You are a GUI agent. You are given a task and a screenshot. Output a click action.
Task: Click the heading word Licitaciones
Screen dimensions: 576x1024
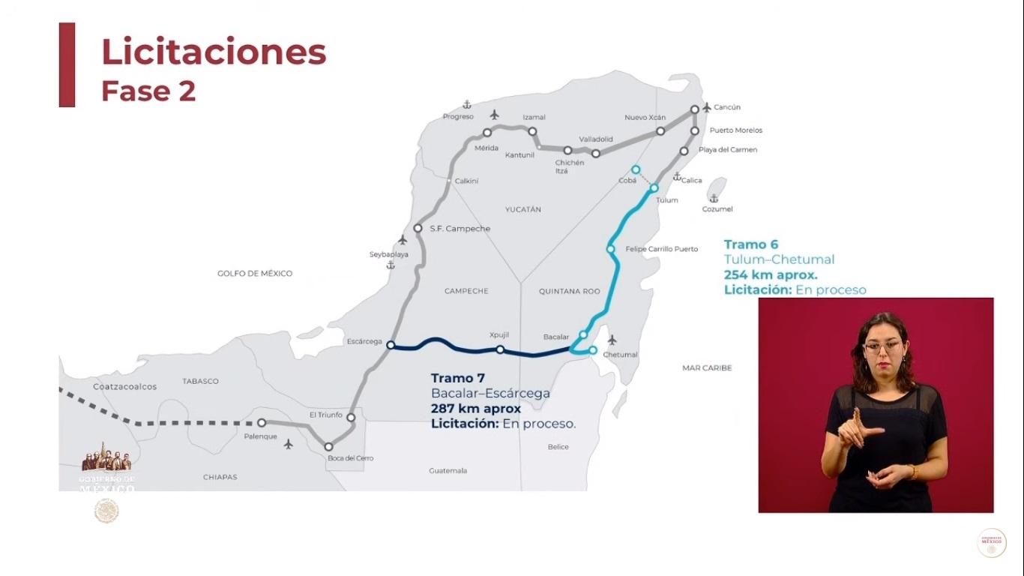tap(214, 52)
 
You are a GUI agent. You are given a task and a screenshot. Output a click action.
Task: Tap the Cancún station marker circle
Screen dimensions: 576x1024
tap(695, 109)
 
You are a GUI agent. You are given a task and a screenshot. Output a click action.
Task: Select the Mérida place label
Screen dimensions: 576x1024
tap(486, 148)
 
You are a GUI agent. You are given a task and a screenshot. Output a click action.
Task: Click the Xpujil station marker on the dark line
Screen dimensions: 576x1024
tap(500, 349)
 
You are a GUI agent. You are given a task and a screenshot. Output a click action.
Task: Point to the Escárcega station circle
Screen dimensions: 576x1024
tap(390, 345)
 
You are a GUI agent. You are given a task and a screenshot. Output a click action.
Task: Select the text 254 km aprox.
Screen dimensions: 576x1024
tap(771, 274)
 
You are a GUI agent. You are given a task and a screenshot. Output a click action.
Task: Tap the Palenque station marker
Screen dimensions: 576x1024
tap(262, 423)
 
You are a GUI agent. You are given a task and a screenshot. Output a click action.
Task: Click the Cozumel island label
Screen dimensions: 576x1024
tap(717, 209)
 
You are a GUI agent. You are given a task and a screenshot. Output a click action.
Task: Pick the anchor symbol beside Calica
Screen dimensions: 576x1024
tap(676, 177)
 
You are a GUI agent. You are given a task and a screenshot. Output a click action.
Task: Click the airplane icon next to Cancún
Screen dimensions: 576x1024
tap(706, 107)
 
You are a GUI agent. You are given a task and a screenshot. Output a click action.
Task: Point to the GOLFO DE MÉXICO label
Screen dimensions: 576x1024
tap(255, 274)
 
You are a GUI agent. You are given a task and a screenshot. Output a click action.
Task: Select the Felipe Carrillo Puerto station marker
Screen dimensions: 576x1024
tap(611, 249)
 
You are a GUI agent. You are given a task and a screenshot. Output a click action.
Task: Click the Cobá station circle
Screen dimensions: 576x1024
tap(636, 169)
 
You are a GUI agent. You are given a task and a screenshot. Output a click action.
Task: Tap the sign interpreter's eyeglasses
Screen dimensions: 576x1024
tap(883, 346)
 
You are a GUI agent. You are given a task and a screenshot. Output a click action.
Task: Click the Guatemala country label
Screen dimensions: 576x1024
tap(448, 471)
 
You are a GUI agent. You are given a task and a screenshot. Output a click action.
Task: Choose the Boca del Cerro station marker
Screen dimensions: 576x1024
tap(328, 447)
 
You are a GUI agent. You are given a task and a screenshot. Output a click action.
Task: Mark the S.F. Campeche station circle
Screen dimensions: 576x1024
tap(418, 229)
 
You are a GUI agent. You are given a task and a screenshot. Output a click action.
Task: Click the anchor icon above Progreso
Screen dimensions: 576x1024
tap(467, 104)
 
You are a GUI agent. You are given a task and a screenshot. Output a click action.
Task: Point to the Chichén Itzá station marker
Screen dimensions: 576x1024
tap(567, 151)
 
